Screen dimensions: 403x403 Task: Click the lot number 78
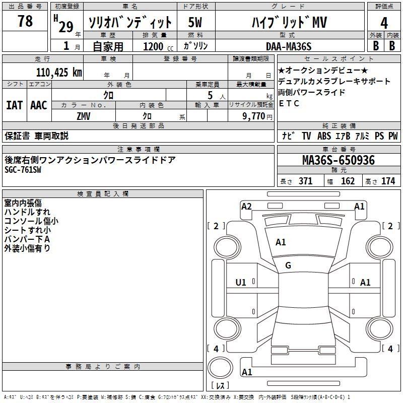click(25, 21)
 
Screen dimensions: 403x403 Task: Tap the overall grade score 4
click(384, 23)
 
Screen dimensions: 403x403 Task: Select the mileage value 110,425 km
click(59, 73)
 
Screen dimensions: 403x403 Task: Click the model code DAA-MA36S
click(289, 46)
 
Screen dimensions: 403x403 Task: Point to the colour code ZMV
click(84, 116)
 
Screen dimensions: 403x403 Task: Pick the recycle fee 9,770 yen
click(257, 116)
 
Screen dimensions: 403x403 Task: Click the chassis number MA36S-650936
click(339, 160)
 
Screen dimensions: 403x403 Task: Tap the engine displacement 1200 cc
click(158, 46)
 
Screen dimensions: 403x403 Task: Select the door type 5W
click(195, 22)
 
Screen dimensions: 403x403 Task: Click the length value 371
click(305, 181)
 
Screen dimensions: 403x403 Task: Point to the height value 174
click(388, 181)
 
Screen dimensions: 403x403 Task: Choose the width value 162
click(348, 181)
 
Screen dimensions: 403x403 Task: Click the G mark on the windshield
click(288, 265)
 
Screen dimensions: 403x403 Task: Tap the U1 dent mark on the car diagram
click(241, 283)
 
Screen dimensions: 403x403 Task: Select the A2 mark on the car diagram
click(246, 207)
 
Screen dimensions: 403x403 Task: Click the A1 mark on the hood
click(281, 242)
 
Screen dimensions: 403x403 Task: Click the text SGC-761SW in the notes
click(23, 170)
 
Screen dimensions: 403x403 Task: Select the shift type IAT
click(14, 105)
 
